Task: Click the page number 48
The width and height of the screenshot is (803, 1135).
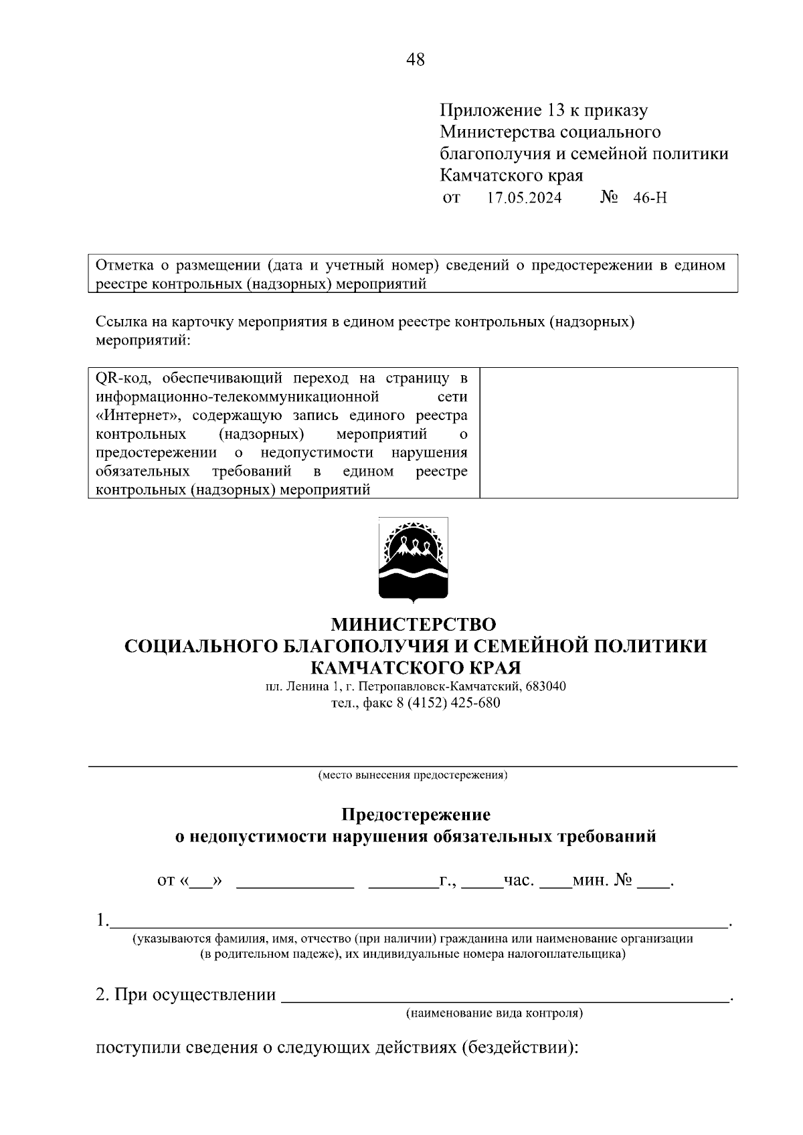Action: point(415,60)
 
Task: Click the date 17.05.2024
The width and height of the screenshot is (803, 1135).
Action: point(524,198)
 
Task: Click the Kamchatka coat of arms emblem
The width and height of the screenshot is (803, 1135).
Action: point(413,559)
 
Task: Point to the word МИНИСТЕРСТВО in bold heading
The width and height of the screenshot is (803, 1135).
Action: point(414,624)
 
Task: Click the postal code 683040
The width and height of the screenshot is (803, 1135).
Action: point(546,686)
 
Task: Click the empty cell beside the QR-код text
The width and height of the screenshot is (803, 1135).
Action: point(608,433)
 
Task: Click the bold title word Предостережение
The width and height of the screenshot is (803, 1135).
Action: point(416,815)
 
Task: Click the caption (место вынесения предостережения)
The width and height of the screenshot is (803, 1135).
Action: point(413,776)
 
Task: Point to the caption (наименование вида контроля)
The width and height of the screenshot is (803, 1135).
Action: point(495,1013)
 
